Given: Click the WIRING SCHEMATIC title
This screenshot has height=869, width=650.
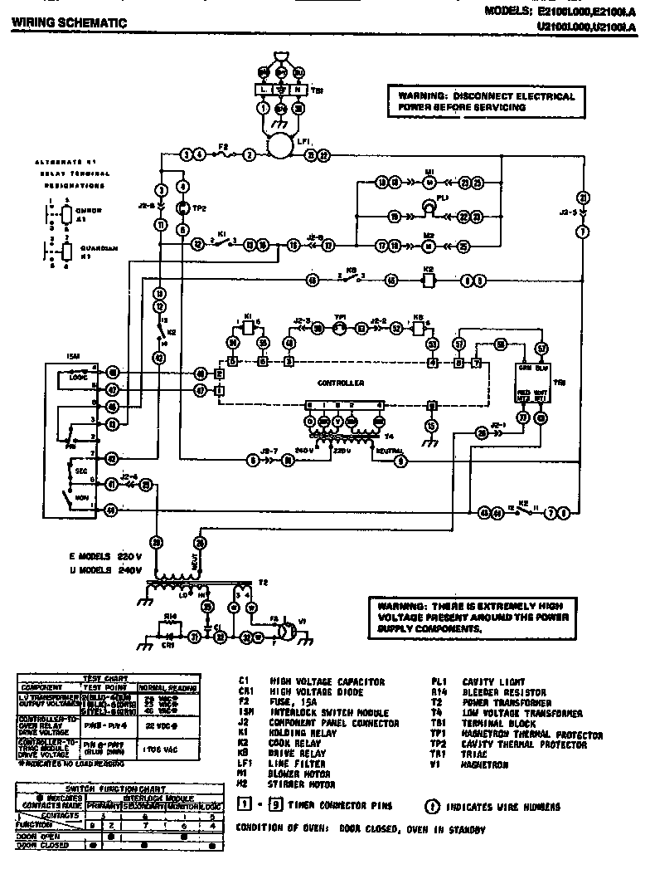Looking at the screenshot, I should coord(69,23).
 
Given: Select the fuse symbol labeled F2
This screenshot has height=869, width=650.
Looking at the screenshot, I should coord(223,154).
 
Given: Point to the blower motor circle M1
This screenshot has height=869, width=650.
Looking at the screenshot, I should coord(429,181).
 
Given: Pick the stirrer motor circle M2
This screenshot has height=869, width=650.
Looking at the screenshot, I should coord(429,246).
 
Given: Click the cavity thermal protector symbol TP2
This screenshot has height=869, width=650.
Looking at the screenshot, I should coord(183,208).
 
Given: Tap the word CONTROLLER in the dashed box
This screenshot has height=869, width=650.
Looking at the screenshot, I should coord(342,383).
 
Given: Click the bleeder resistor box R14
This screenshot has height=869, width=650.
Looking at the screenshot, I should coord(169,622).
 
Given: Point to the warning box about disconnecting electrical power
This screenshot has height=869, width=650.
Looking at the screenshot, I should coord(486,102).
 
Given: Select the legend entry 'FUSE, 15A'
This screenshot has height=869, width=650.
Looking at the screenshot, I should coord(300,703).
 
